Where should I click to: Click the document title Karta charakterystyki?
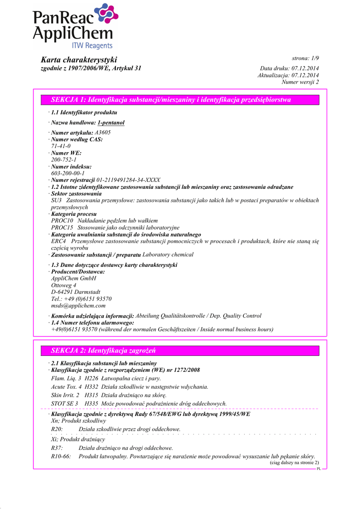pos(79,60)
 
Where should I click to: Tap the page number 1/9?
pos(311,59)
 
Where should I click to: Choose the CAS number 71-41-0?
pos(61,146)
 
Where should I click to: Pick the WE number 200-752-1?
pos(64,160)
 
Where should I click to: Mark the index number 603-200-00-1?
pos(68,173)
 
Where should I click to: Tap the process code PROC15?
pos(62,227)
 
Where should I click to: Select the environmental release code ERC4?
pos(59,241)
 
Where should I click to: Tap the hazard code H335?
pos(92,404)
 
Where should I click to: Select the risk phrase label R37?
pos(57,448)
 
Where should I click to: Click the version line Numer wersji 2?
pos(300,82)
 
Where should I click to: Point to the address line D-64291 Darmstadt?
pos(76,292)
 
